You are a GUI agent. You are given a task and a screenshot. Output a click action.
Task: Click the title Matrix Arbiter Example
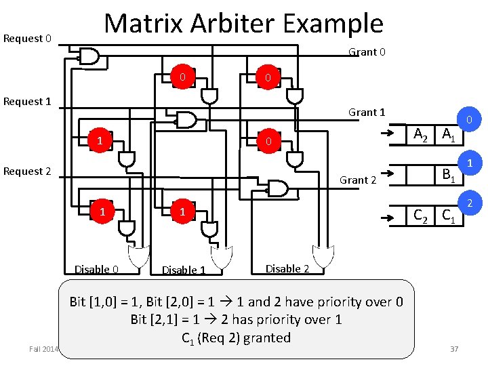(x=243, y=24)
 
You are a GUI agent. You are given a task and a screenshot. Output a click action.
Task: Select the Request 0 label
(x=27, y=38)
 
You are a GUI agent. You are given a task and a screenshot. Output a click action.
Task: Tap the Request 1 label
(x=27, y=102)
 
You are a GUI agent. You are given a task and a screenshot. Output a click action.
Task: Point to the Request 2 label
(x=27, y=171)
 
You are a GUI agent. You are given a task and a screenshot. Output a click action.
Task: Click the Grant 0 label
(x=367, y=52)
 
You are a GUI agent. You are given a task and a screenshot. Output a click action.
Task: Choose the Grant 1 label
(x=367, y=113)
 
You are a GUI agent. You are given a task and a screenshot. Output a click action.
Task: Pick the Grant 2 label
(x=357, y=180)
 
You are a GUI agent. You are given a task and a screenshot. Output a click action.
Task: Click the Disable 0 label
(x=96, y=270)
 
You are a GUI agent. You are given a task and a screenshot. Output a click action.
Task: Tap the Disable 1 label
(x=183, y=270)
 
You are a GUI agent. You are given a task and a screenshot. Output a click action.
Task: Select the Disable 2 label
(x=287, y=269)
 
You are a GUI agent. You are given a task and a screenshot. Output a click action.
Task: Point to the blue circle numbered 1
(x=468, y=163)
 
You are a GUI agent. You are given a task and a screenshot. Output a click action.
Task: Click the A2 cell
(x=421, y=134)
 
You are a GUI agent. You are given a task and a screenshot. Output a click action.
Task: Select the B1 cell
(x=448, y=175)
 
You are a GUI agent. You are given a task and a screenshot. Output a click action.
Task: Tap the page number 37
(x=453, y=348)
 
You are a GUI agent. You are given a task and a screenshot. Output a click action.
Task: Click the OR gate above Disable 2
(x=323, y=256)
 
